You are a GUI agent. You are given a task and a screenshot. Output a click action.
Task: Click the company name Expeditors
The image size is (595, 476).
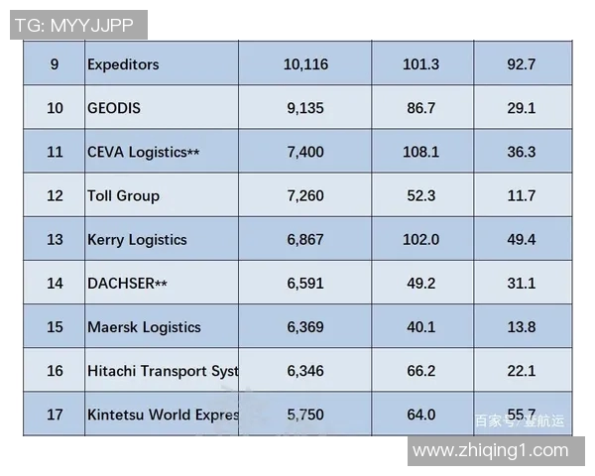point(123,64)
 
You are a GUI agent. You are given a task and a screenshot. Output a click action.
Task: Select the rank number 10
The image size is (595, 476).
point(55,108)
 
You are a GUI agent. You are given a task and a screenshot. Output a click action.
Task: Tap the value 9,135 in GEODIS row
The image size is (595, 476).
point(304,108)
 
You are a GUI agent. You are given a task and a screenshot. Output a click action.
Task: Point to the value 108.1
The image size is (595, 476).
point(420,152)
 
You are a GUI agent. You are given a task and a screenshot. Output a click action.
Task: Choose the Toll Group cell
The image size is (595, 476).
point(123,195)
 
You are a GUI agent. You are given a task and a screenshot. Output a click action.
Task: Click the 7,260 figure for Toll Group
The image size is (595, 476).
point(304,195)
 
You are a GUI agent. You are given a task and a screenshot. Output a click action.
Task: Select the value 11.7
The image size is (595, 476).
point(521,195)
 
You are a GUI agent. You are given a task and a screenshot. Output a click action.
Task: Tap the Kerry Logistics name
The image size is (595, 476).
point(137,239)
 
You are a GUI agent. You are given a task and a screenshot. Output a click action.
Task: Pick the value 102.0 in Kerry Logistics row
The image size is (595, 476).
point(420,239)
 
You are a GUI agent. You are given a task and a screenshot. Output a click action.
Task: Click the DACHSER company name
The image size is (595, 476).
point(127,283)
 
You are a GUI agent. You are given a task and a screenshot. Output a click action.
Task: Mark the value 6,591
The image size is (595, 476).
point(304,283)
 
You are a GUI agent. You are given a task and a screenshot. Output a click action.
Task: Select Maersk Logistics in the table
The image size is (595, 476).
point(144,326)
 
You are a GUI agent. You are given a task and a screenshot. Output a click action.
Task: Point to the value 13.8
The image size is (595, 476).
point(521,326)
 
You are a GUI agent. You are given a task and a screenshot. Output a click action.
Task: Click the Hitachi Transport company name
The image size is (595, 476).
point(163,371)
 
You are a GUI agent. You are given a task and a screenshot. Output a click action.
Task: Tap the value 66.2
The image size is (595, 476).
point(420,371)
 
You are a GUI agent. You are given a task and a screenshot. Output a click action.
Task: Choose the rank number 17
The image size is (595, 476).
point(55,415)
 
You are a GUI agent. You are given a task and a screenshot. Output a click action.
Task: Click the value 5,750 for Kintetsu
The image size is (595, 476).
point(304,415)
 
